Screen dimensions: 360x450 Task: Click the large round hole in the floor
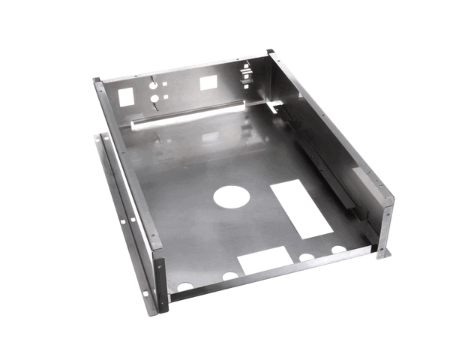point(231,196)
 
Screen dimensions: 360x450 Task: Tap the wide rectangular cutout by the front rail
point(265,260)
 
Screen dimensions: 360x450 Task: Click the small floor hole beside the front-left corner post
point(184,286)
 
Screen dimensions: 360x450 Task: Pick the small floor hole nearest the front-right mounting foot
point(339,249)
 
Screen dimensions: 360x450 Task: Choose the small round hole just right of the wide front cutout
point(306,257)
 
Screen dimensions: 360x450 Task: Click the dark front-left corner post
point(160,285)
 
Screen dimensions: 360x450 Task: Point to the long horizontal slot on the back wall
point(187,116)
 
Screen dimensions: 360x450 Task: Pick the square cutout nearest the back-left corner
point(126,96)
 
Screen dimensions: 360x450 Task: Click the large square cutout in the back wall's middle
point(208,82)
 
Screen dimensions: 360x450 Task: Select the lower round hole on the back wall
point(153,98)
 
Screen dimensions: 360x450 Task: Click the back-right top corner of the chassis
point(271,52)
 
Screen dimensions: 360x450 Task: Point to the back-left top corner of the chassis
point(97,81)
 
